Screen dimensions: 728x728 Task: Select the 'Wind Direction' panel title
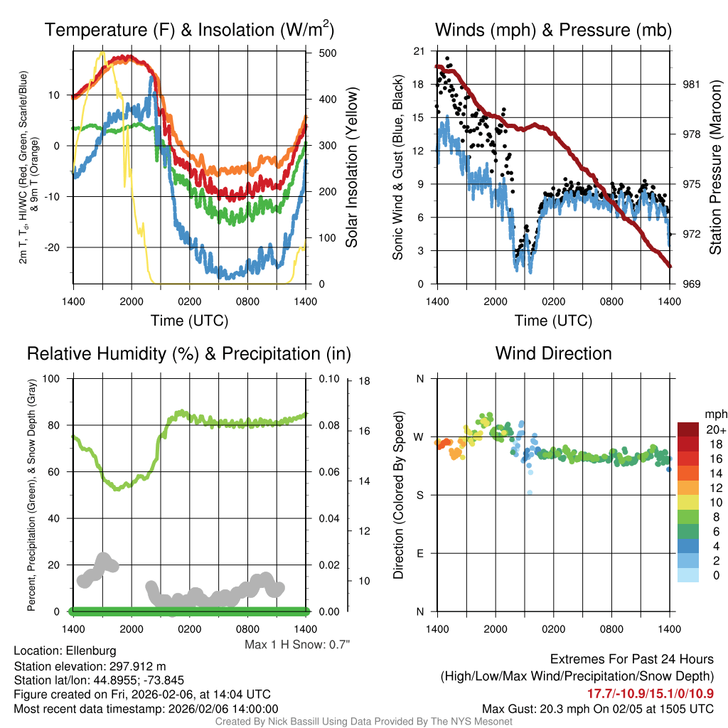tap(553, 353)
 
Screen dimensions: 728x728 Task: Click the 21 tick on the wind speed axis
tap(419, 51)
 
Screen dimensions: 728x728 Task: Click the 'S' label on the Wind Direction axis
tap(419, 495)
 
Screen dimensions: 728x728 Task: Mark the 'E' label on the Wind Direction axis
tap(419, 553)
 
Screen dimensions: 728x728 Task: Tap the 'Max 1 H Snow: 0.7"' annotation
tap(297, 644)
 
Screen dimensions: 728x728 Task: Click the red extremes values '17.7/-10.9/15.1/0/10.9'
tap(650, 693)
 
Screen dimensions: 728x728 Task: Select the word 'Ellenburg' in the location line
tap(91, 651)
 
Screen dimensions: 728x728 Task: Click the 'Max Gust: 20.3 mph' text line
tap(598, 708)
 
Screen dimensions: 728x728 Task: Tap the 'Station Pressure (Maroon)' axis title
tap(715, 168)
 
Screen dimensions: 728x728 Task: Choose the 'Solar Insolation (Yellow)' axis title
tap(352, 168)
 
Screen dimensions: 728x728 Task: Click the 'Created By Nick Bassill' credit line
tap(363, 722)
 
